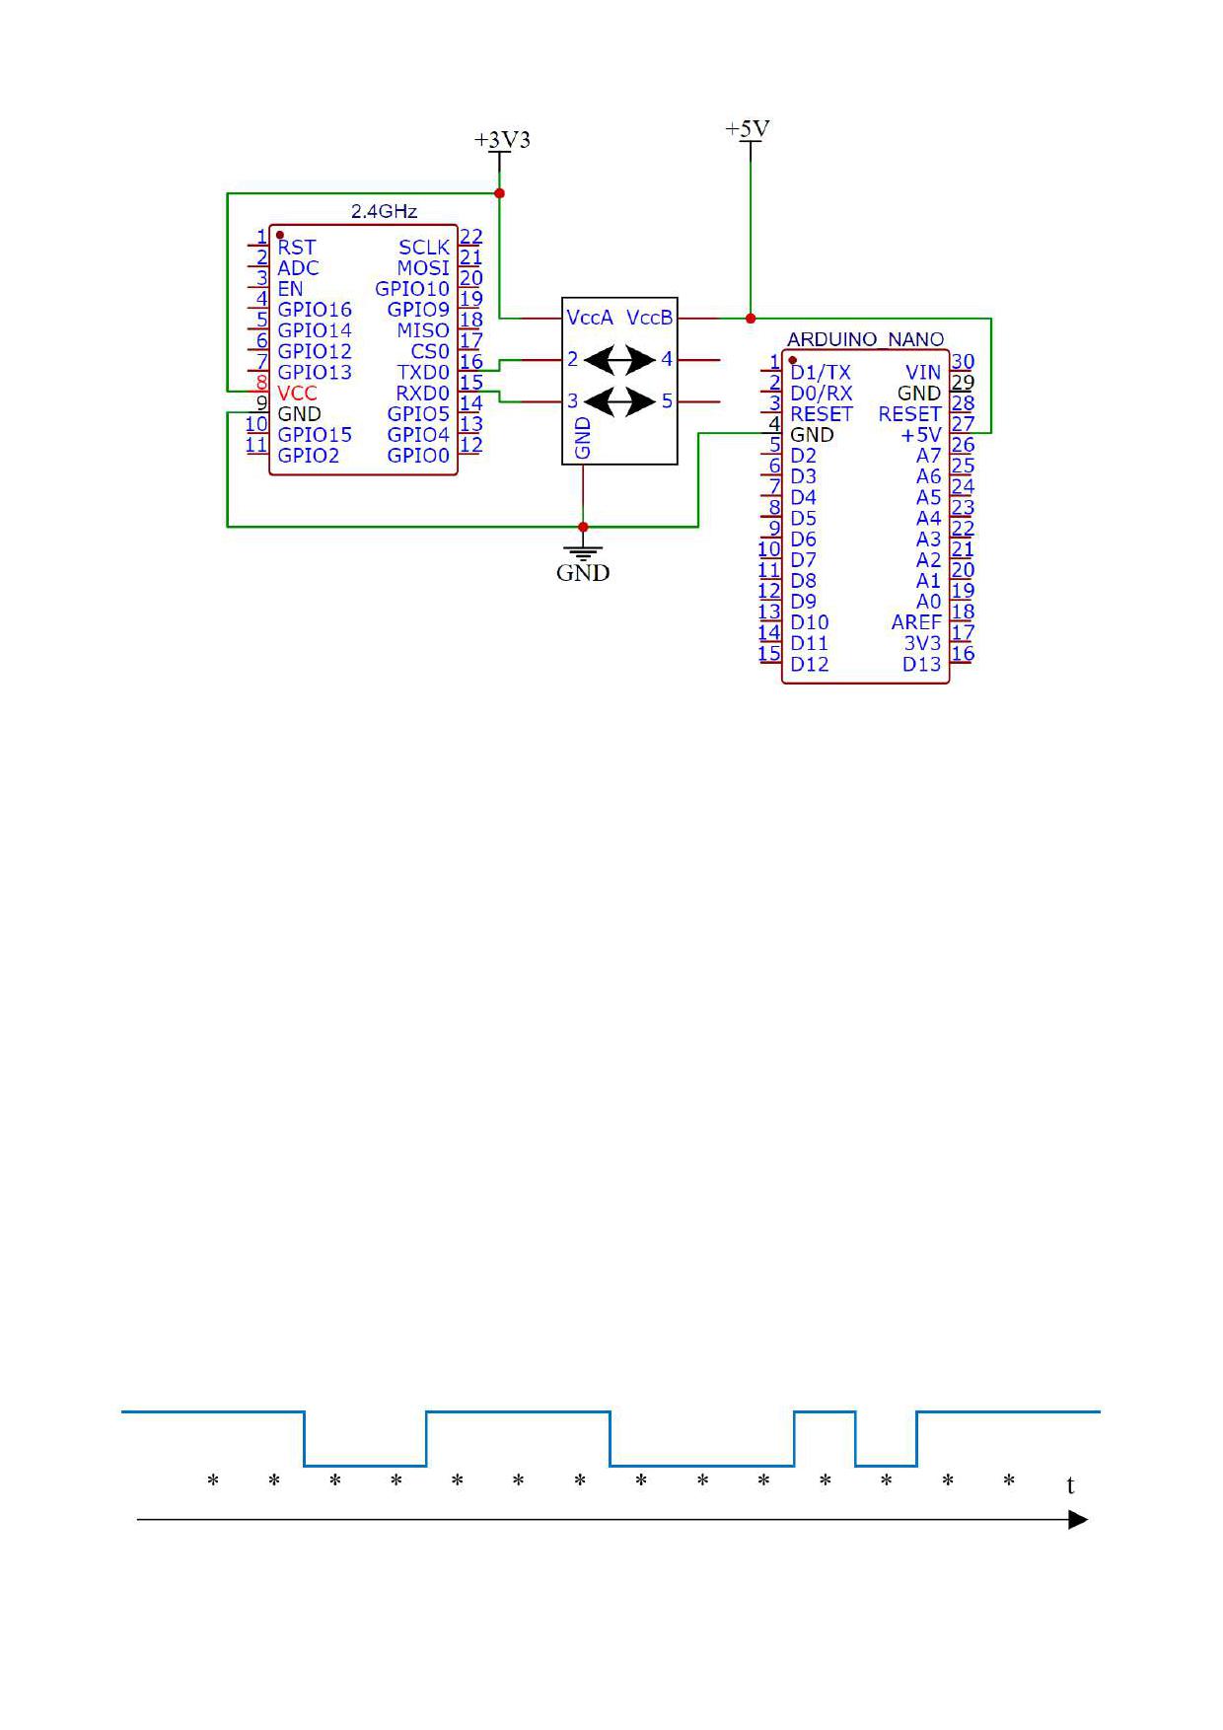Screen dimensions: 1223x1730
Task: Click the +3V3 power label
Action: coord(502,140)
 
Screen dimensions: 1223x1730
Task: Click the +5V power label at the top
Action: coord(748,129)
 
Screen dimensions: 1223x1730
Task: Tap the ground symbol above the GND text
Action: coord(583,551)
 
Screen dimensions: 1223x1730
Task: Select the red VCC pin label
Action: coord(297,393)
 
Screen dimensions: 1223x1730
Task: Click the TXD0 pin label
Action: coord(423,372)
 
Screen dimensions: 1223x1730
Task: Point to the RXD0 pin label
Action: coord(422,393)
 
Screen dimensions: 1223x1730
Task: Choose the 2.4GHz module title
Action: coord(384,211)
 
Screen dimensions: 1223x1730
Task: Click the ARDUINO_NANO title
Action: coord(865,339)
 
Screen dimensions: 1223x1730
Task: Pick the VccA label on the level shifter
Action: coord(590,318)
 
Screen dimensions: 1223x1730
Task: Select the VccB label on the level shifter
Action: coord(650,318)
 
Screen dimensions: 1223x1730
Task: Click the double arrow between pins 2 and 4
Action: coord(619,360)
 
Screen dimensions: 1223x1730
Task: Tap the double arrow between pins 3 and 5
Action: coord(619,401)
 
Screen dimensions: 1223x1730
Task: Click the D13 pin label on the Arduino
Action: coord(922,664)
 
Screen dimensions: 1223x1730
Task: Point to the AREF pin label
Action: coord(916,622)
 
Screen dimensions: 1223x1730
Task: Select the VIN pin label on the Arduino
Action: coord(923,372)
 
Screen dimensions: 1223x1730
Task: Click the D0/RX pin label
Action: coord(821,393)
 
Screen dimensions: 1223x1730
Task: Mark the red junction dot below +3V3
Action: coord(500,193)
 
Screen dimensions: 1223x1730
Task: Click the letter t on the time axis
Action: coord(1071,1485)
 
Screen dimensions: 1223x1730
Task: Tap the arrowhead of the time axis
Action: coord(1079,1520)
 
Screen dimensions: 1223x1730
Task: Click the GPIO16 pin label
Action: coord(315,310)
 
